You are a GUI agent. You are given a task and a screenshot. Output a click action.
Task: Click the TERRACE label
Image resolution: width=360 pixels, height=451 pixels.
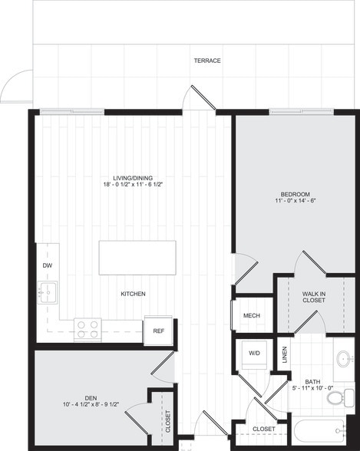207,61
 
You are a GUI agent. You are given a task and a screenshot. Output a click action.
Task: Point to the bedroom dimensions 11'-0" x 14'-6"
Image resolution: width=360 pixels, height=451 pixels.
294,202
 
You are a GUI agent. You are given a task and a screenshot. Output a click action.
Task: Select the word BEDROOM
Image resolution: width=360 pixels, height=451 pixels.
294,194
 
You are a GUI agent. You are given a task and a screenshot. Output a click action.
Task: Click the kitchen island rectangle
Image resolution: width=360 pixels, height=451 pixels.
137,258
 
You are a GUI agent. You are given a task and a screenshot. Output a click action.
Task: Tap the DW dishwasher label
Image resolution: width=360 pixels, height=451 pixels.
47,265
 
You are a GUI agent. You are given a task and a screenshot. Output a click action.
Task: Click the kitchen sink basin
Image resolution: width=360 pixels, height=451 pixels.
47,293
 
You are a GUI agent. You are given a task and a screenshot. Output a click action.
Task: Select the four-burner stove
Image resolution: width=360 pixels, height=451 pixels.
88,329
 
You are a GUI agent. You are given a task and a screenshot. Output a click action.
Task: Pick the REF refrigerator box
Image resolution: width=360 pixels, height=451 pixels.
158,331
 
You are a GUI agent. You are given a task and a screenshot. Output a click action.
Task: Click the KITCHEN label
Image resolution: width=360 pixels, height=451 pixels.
133,294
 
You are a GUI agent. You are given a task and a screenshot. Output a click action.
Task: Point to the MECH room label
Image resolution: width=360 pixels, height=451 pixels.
251,315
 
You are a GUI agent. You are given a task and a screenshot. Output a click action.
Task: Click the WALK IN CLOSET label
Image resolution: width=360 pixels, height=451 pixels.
313,296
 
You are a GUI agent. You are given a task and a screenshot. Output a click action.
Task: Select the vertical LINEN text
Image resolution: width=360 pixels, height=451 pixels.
285,354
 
